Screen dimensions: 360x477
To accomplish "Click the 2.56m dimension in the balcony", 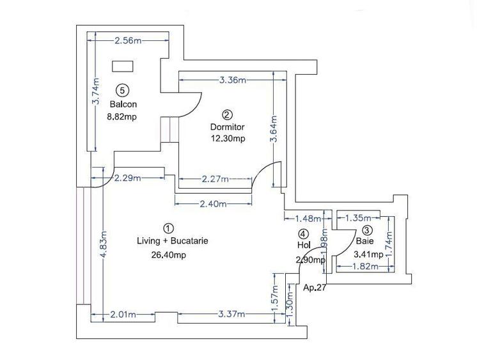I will pyautogui.click(x=128, y=41).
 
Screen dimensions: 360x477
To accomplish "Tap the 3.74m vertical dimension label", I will pyautogui.click(x=95, y=92).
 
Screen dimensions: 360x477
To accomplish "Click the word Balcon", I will pyautogui.click(x=123, y=104).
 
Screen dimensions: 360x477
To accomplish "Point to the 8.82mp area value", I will pyautogui.click(x=122, y=116).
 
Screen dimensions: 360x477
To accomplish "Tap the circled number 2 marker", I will pyautogui.click(x=227, y=114).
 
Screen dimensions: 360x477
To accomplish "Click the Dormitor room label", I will pyautogui.click(x=228, y=127).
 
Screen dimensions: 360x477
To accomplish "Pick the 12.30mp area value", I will pyautogui.click(x=228, y=138).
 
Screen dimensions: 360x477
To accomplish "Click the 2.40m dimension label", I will pyautogui.click(x=213, y=205).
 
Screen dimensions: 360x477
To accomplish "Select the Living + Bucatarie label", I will pyautogui.click(x=173, y=242).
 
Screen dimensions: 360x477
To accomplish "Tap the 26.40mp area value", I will pyautogui.click(x=168, y=255).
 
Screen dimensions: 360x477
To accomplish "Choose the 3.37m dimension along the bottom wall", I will pyautogui.click(x=231, y=314).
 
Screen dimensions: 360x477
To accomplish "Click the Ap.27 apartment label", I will pyautogui.click(x=315, y=286).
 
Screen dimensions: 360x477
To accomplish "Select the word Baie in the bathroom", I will pyautogui.click(x=365, y=242).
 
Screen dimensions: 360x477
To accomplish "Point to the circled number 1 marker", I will pyautogui.click(x=168, y=228).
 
